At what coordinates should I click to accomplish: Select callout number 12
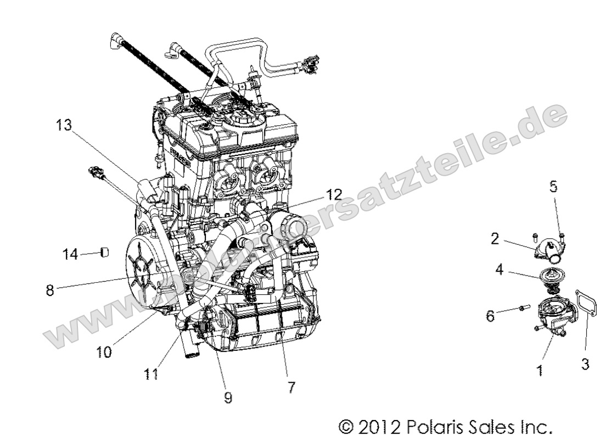(334, 195)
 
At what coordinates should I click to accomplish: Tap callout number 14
(70, 254)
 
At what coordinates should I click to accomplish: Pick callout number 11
(152, 374)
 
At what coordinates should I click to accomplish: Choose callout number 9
(228, 398)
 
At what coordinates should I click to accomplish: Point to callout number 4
(499, 270)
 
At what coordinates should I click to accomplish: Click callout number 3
(586, 364)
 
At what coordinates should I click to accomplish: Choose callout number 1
(540, 371)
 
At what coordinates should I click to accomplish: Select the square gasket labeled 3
(583, 312)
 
